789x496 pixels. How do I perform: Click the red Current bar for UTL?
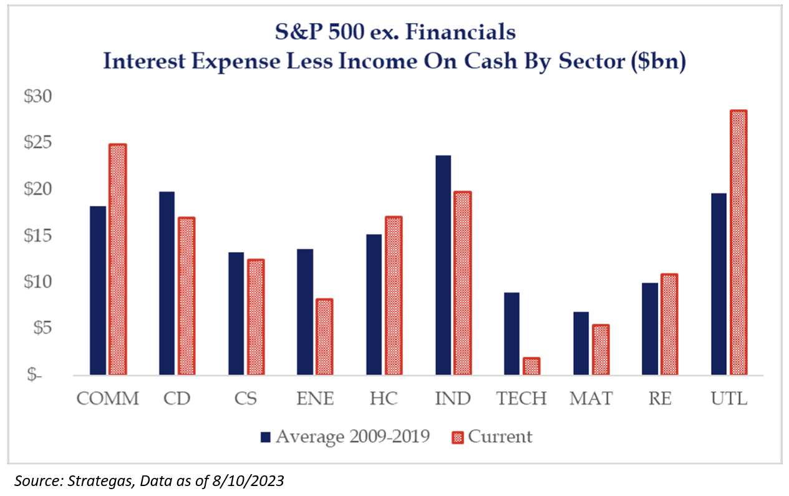[x=738, y=243]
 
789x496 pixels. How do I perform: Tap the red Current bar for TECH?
[x=531, y=366]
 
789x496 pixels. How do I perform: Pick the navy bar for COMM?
[x=98, y=291]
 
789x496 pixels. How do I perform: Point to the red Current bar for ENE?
[x=324, y=338]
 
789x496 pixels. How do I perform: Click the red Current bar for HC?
[x=393, y=296]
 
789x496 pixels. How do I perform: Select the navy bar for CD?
[x=167, y=284]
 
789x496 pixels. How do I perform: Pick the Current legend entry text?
[x=500, y=436]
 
